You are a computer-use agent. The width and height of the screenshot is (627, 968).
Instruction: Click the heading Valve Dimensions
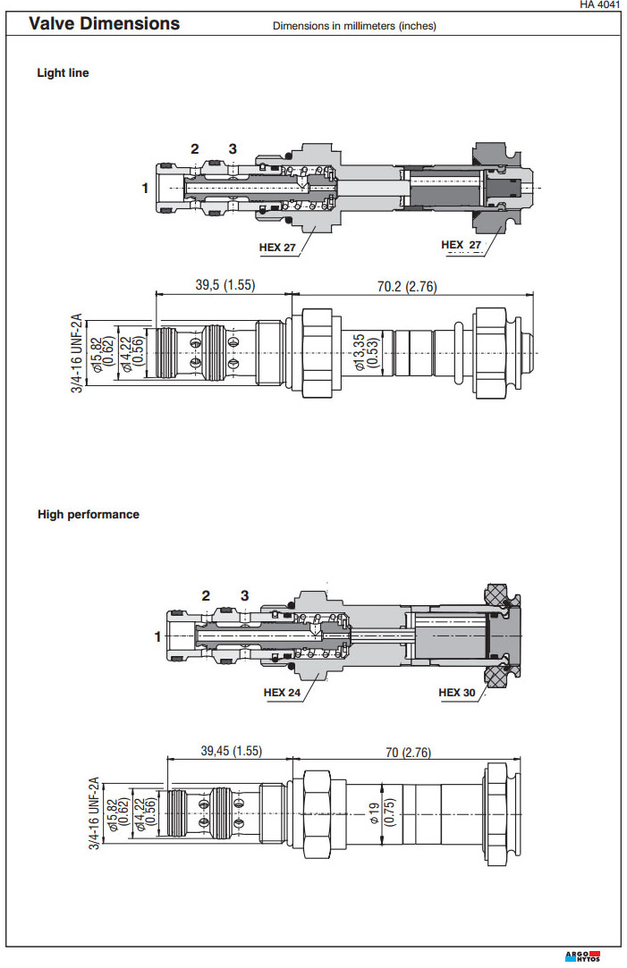(x=104, y=24)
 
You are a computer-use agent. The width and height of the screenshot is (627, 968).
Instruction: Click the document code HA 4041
(x=599, y=5)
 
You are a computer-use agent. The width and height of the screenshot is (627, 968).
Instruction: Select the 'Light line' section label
(x=63, y=73)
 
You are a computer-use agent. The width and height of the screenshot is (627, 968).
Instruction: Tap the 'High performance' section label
(x=89, y=514)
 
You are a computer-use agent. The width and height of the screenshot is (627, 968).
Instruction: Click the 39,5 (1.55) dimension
(x=225, y=285)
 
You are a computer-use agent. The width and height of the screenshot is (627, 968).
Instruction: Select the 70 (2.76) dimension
(x=408, y=752)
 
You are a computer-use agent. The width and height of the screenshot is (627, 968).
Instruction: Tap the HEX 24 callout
(x=282, y=692)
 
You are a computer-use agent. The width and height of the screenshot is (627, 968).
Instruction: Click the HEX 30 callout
(x=456, y=692)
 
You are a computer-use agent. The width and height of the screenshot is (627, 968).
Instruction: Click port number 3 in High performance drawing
(x=244, y=595)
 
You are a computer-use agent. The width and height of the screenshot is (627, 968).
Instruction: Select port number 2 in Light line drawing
(x=194, y=148)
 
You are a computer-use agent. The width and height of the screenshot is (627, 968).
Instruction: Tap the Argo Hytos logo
(x=583, y=955)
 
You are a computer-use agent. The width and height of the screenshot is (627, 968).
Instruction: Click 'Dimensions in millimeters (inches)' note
(x=354, y=26)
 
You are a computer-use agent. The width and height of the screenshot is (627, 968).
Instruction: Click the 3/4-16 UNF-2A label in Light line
(x=78, y=352)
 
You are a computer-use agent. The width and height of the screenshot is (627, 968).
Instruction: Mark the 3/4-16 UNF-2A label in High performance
(x=93, y=813)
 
